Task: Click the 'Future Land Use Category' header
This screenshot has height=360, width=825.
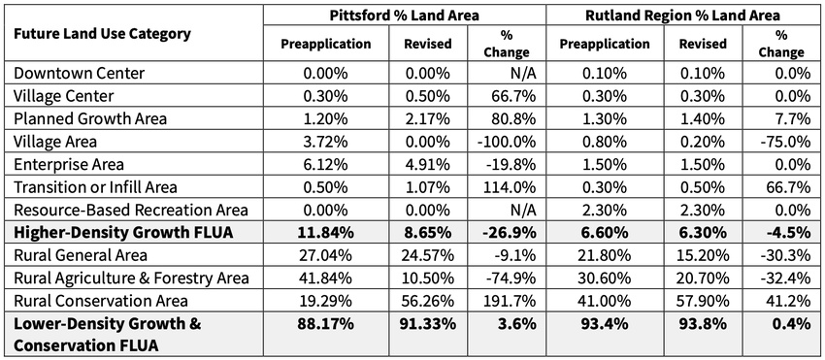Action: coord(102,35)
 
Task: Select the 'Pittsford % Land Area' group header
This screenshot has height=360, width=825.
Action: coord(404,16)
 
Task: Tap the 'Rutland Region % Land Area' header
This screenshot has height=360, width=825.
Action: coord(682,16)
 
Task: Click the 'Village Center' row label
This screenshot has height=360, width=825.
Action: coord(64,96)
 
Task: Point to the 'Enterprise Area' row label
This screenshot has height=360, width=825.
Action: coord(69,164)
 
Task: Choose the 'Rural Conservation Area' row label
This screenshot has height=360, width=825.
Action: coord(101,301)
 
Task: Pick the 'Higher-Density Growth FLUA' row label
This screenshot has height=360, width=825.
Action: coord(123,233)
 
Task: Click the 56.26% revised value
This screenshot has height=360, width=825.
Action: coord(427,301)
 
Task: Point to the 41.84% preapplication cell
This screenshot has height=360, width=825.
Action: coord(325,278)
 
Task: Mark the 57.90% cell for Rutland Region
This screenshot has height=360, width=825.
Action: coord(703,301)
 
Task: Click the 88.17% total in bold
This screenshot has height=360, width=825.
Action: coord(325,324)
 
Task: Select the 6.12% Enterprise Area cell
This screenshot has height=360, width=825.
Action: coord(325,164)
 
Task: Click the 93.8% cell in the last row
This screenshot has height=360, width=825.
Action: coord(703,324)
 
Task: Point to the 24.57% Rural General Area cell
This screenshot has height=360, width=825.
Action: coord(427,255)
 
